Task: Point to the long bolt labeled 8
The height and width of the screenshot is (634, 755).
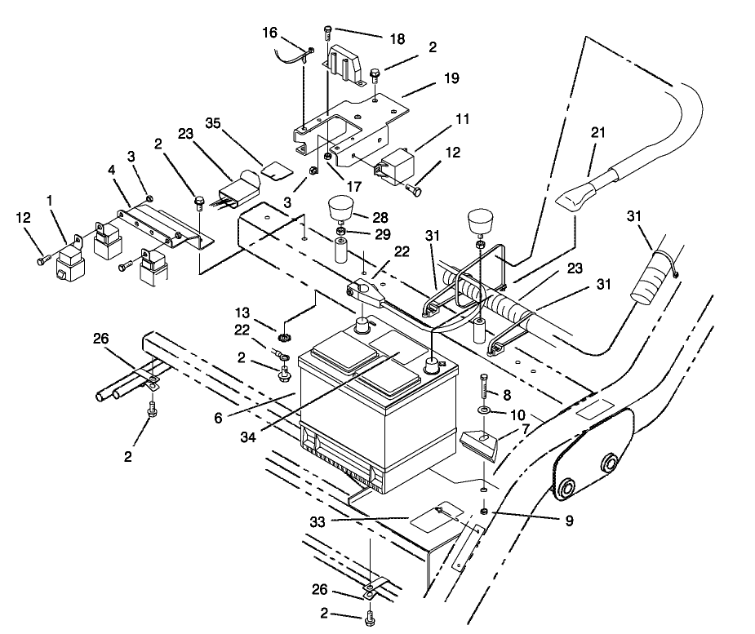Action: click(483, 386)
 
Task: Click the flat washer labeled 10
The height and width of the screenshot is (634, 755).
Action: click(483, 410)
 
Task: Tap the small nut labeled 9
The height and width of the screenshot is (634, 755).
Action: click(483, 510)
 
